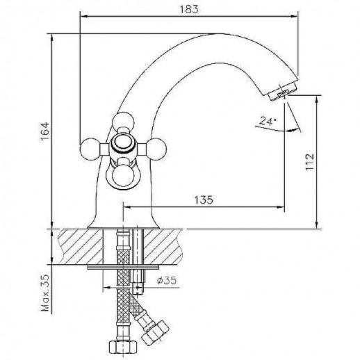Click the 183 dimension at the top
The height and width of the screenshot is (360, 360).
point(193,9)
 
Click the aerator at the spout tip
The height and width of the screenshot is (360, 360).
point(283,92)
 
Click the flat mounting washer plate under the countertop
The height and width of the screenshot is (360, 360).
point(125,265)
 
